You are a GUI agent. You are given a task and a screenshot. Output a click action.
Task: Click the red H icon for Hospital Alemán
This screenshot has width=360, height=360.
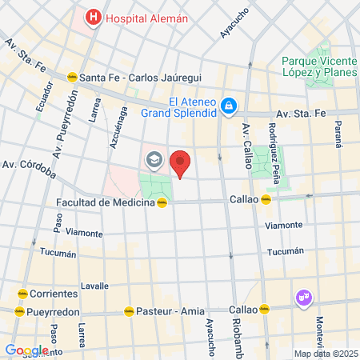[x=94, y=17]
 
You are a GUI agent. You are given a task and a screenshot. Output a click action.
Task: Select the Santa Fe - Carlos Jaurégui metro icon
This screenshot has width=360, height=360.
[x=72, y=77]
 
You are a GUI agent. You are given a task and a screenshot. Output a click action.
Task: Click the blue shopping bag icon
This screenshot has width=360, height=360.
[x=229, y=105]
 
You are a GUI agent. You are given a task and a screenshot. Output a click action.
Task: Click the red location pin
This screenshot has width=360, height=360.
[x=181, y=163]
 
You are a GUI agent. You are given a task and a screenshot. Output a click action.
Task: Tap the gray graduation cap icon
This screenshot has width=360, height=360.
[x=153, y=161]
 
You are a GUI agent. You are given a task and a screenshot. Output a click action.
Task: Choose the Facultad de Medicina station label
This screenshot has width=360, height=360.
[x=105, y=202]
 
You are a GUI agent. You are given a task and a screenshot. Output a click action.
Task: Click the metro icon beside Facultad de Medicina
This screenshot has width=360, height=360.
[x=163, y=202]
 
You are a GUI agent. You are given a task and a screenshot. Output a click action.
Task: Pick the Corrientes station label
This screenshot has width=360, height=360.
[x=56, y=293]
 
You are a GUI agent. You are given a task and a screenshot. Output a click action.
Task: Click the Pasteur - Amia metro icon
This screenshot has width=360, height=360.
[x=129, y=311]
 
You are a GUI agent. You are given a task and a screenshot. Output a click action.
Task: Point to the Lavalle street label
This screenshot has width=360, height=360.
[x=94, y=285]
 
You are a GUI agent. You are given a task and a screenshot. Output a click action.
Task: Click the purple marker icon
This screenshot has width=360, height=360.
[x=303, y=298]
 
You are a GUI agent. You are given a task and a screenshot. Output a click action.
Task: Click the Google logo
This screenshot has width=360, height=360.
[x=26, y=350]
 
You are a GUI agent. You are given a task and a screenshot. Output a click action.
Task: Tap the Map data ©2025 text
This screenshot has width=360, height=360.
[x=323, y=354]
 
